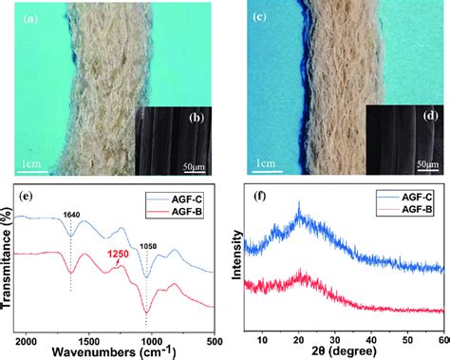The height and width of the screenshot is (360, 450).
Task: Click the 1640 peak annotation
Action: tap(70, 214)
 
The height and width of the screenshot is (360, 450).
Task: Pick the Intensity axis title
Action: tap(237, 257)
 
